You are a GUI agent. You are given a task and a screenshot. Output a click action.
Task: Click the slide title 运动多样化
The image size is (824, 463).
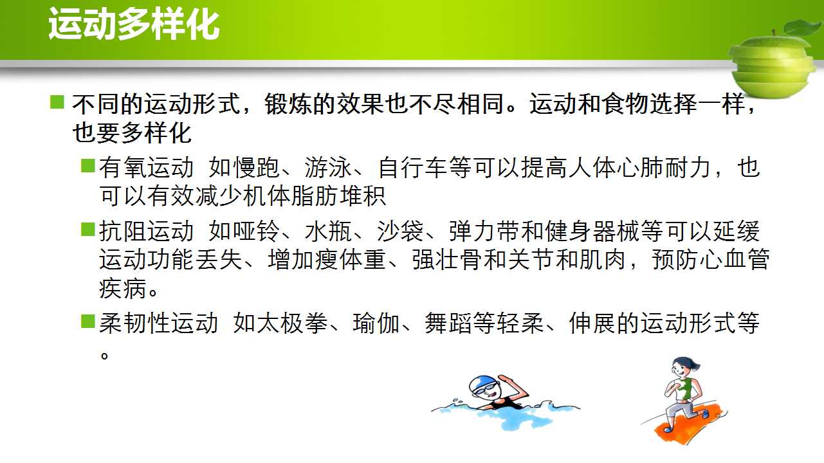[134, 24]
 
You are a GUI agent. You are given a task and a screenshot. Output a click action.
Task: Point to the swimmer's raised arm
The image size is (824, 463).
[514, 389]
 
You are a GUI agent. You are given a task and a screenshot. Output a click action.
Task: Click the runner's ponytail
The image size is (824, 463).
[695, 365]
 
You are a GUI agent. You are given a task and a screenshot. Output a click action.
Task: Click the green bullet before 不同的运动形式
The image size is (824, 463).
[57, 102]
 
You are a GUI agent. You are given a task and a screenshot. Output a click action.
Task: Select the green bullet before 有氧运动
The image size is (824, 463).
[88, 165]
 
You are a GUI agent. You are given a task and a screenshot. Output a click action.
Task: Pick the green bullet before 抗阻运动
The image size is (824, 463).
[88, 229]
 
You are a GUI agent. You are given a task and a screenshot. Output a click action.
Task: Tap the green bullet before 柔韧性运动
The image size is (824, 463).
[88, 321]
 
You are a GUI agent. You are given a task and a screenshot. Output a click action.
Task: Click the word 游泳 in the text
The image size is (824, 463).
[328, 167]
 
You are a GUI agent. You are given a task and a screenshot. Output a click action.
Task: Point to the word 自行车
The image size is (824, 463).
[413, 167]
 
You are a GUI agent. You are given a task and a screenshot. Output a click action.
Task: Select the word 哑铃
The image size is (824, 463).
[256, 232]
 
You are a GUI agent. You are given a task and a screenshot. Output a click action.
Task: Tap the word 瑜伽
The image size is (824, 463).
[376, 323]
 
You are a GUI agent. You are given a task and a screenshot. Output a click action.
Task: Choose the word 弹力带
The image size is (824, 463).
[484, 232]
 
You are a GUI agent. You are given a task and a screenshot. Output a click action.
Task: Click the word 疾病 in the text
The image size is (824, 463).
[122, 288]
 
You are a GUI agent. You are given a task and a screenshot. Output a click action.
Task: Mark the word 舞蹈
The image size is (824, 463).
[448, 323]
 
